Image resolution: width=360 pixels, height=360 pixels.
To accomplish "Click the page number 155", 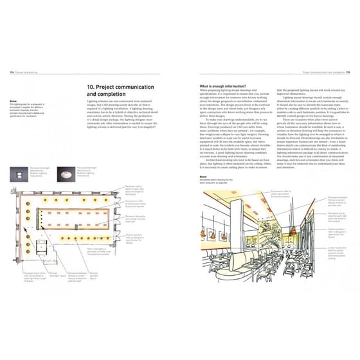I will pyautogui.click(x=348, y=73).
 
